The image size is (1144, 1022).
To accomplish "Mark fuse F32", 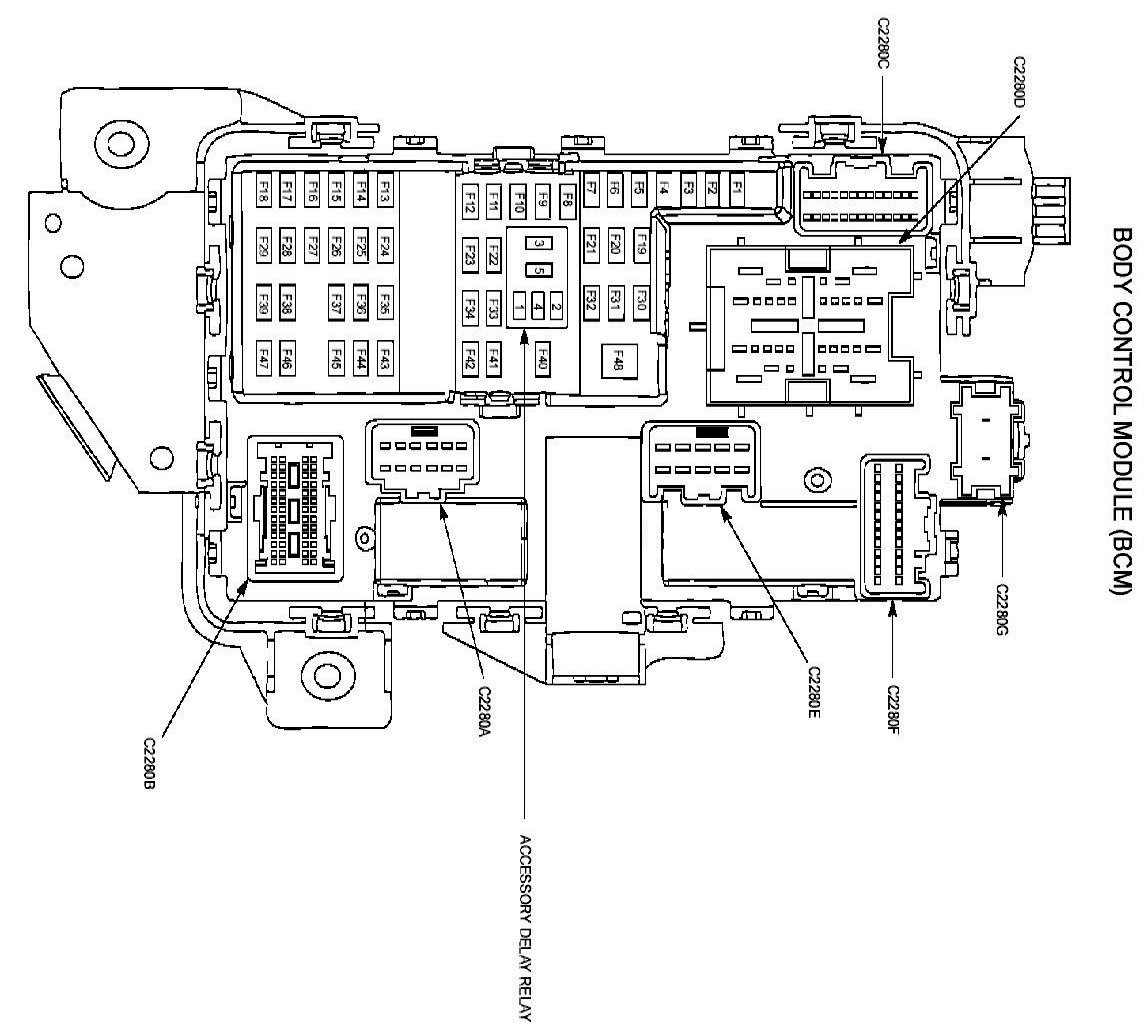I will tap(592, 300).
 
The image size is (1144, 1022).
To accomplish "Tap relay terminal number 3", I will tap(538, 243).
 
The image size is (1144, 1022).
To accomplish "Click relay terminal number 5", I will tap(538, 269).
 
